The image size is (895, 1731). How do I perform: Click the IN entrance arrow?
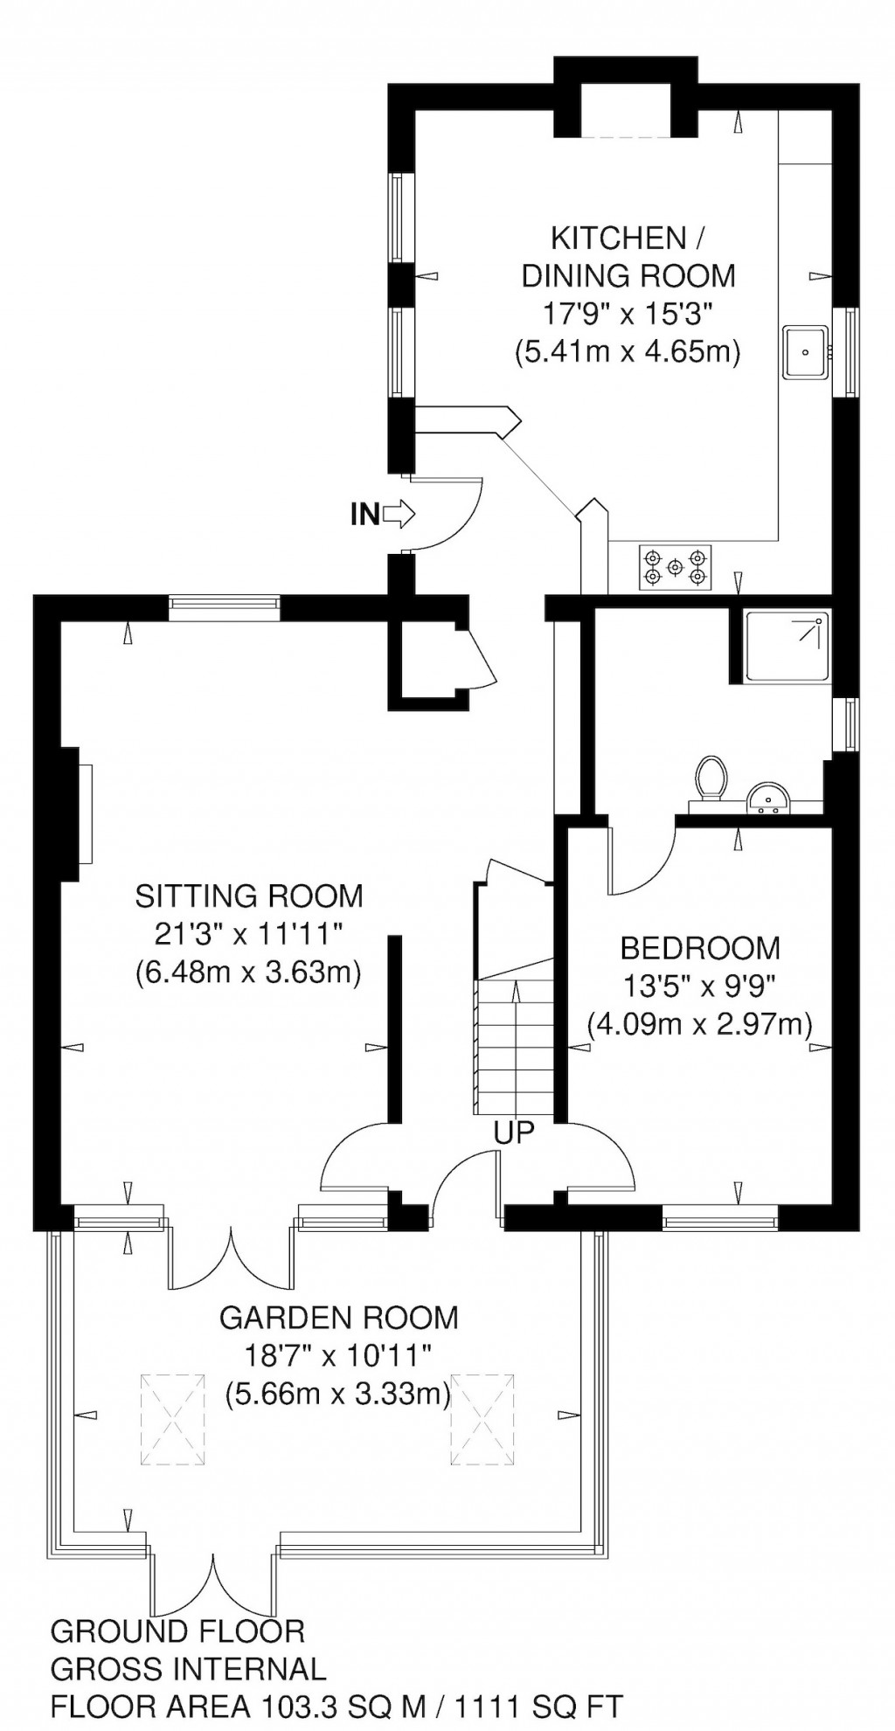pyautogui.click(x=398, y=515)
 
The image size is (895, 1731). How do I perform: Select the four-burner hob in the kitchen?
pyautogui.click(x=675, y=566)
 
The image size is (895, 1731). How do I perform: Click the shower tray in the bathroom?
pyautogui.click(x=787, y=647)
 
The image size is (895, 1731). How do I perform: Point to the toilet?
pyautogui.click(x=711, y=778)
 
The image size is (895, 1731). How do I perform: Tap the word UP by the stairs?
pyautogui.click(x=514, y=1132)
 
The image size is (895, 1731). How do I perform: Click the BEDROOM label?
pyautogui.click(x=699, y=947)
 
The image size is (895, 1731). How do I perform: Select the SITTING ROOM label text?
pyautogui.click(x=249, y=896)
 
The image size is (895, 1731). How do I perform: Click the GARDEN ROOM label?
pyautogui.click(x=338, y=1317)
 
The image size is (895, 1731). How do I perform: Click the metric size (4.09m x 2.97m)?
pyautogui.click(x=699, y=1022)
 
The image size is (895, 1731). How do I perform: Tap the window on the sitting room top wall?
pyautogui.click(x=225, y=607)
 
